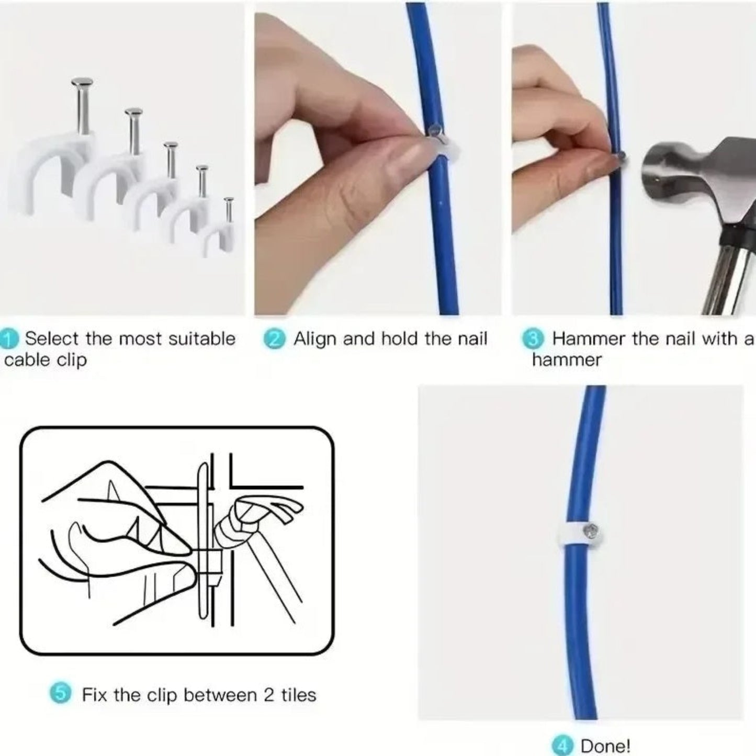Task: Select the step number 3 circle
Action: point(533,340)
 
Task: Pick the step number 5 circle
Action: point(60,694)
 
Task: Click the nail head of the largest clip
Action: point(82,82)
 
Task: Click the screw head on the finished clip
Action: point(591,532)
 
